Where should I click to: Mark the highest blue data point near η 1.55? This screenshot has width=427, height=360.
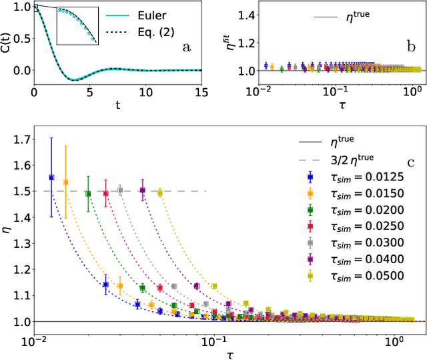point(52,177)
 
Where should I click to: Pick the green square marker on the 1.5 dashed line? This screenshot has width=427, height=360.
point(88,194)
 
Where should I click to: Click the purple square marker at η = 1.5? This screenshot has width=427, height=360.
point(142,190)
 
